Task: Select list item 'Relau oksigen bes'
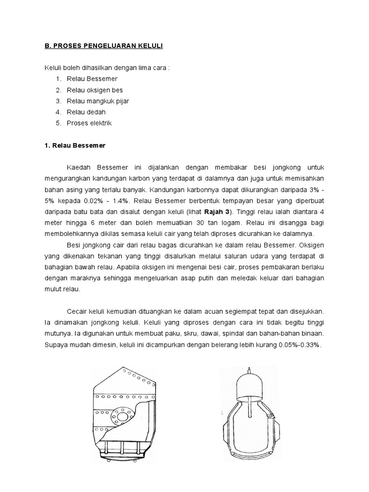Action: [95, 90]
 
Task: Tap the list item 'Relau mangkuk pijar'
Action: [98, 101]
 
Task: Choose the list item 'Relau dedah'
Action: [86, 112]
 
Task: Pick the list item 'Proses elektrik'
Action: [89, 123]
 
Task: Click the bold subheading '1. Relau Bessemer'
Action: [72, 145]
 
